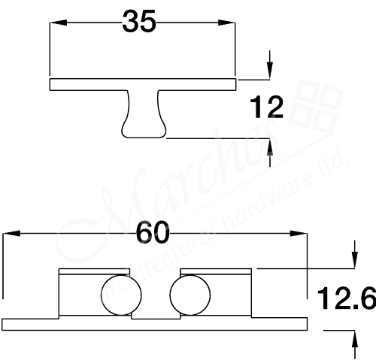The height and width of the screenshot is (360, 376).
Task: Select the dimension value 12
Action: click(267, 109)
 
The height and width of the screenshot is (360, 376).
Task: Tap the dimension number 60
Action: click(153, 234)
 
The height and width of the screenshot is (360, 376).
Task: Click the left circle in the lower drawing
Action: click(117, 295)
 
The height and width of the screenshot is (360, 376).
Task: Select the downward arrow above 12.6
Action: click(352, 260)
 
